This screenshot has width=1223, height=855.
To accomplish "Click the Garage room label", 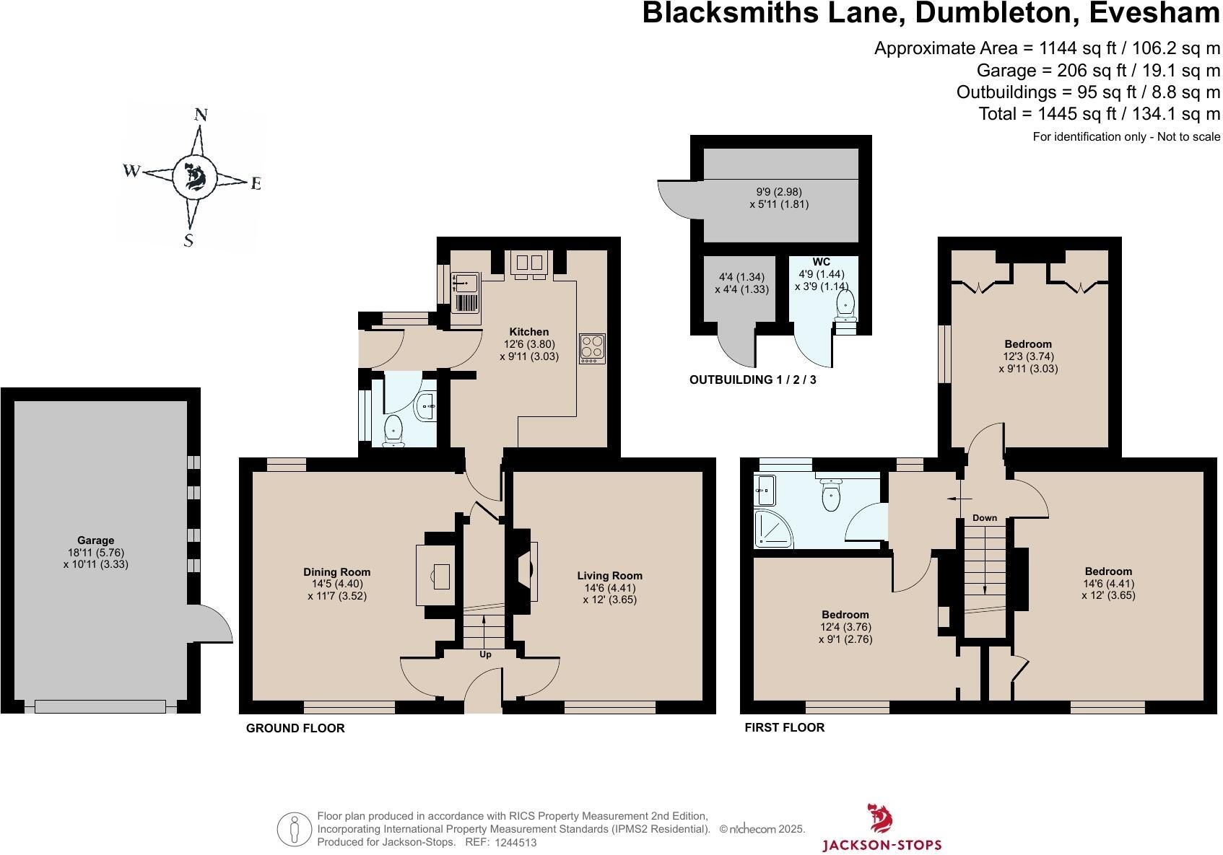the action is tap(95, 540).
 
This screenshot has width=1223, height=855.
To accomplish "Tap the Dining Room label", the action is tap(337, 572).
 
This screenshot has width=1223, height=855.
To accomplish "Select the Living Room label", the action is tap(609, 575).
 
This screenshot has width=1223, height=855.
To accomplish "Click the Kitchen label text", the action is tap(529, 332).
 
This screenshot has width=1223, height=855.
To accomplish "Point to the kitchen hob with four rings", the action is tap(593, 348).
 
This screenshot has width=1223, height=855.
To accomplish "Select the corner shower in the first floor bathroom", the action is tap(772, 528).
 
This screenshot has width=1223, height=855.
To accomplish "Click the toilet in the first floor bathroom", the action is tap(830, 494).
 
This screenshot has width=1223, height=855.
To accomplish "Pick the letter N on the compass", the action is tap(201, 115).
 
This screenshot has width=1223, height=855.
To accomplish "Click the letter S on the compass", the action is tap(188, 240).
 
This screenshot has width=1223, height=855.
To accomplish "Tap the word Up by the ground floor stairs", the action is tap(485, 654).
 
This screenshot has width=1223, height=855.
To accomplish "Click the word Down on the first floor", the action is tap(985, 518).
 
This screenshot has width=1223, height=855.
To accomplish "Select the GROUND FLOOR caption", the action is tap(295, 729).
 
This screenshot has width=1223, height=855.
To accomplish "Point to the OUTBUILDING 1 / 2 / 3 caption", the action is tap(752, 380).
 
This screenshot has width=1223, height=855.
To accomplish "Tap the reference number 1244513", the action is tap(515, 843).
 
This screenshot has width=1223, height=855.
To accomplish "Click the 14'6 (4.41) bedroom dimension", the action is tap(1108, 583).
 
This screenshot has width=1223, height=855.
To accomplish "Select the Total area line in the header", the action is tap(1099, 113).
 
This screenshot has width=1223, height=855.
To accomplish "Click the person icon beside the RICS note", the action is tap(295, 829).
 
